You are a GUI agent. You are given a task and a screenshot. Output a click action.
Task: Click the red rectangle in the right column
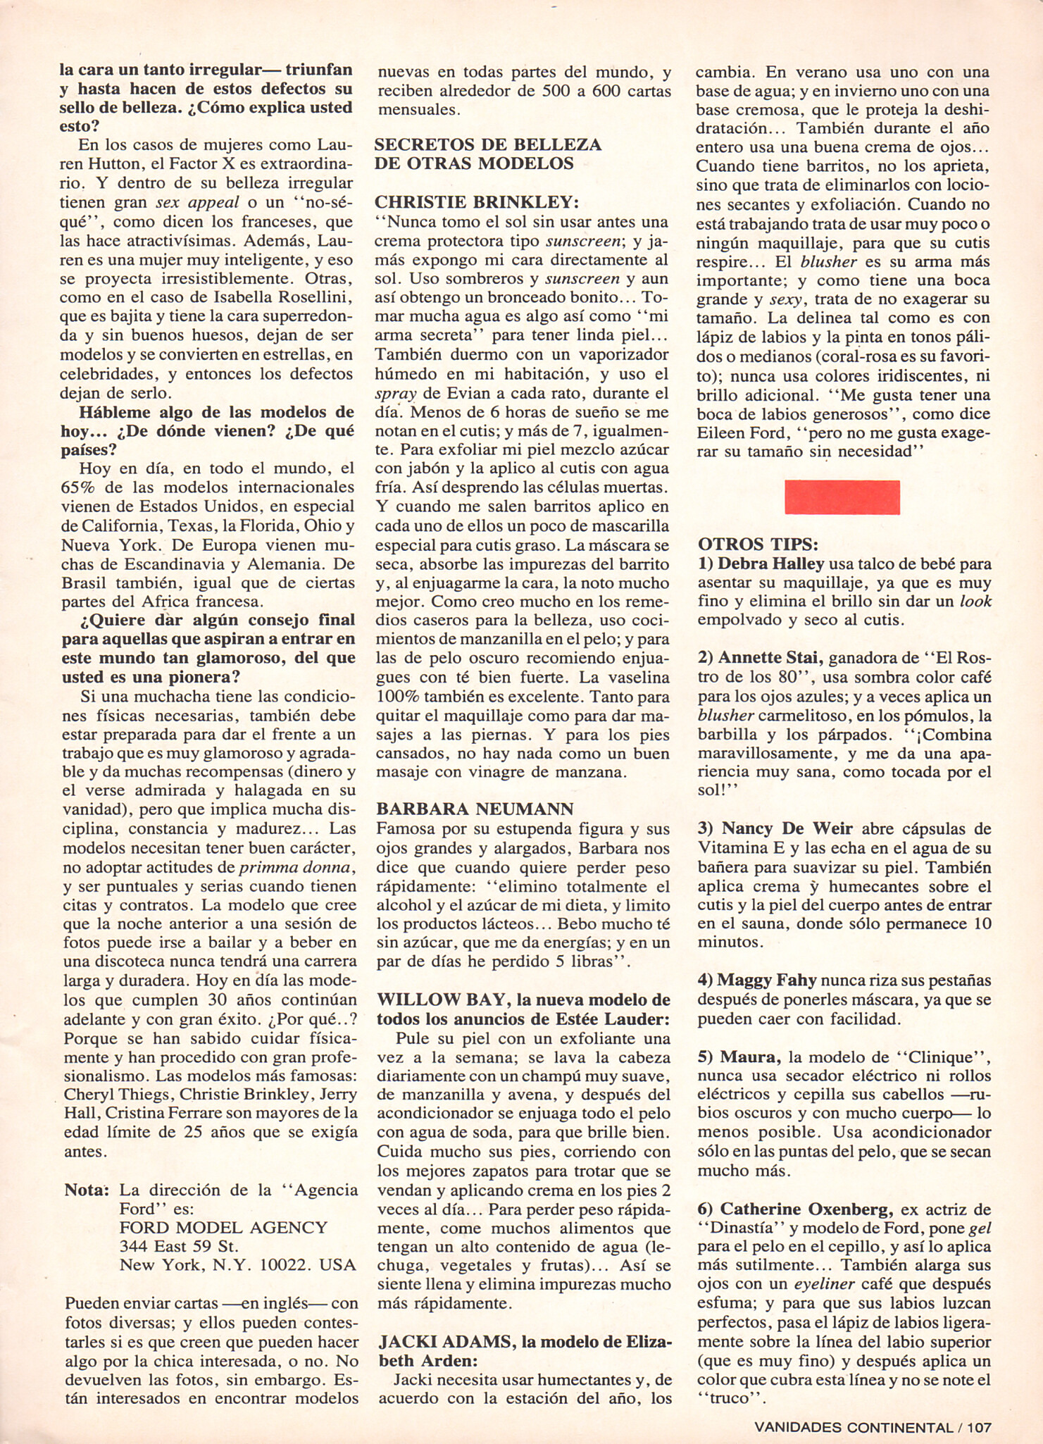point(842,497)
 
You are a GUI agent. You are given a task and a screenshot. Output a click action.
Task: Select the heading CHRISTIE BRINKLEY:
point(477,202)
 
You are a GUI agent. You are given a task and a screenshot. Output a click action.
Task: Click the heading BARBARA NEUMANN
point(475,808)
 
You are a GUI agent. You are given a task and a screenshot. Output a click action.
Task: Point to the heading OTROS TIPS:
point(758,544)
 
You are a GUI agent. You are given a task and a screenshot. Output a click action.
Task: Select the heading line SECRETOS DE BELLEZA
point(487,145)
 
